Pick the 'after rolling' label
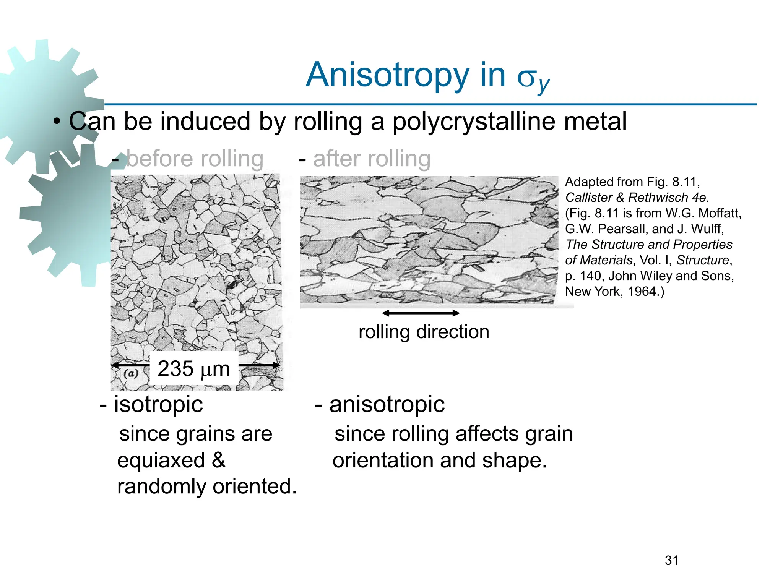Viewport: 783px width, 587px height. click(371, 159)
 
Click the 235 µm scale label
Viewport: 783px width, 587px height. click(193, 368)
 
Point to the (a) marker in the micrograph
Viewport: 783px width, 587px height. click(131, 373)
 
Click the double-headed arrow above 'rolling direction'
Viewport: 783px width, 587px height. click(421, 313)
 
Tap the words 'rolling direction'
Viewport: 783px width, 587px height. click(424, 332)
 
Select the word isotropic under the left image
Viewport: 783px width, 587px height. click(158, 404)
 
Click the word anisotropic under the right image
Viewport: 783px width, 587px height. click(387, 404)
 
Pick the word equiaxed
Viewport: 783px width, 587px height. click(161, 460)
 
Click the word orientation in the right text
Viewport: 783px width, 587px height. click(383, 460)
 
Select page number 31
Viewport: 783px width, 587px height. click(671, 560)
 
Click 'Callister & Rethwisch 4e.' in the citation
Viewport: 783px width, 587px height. click(637, 198)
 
